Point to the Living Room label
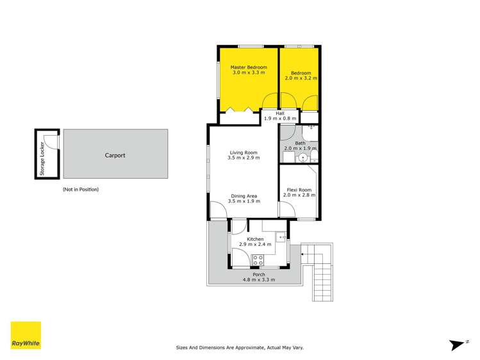tap(243, 155)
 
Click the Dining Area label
tap(243, 199)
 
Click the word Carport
tap(115, 155)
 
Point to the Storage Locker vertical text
tap(42, 157)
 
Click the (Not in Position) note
tap(81, 190)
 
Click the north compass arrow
tap(457, 344)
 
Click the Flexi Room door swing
tap(286, 211)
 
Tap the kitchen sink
tap(280, 237)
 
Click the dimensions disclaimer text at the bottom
tap(240, 348)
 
